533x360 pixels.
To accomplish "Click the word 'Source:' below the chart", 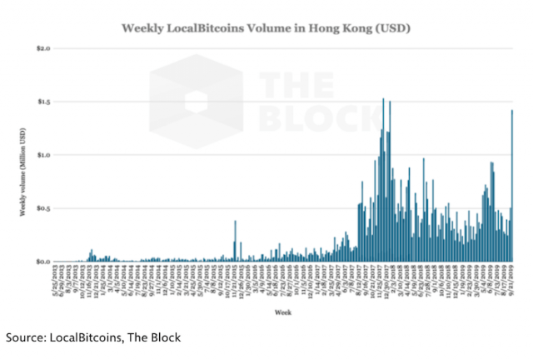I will pos(27,337).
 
